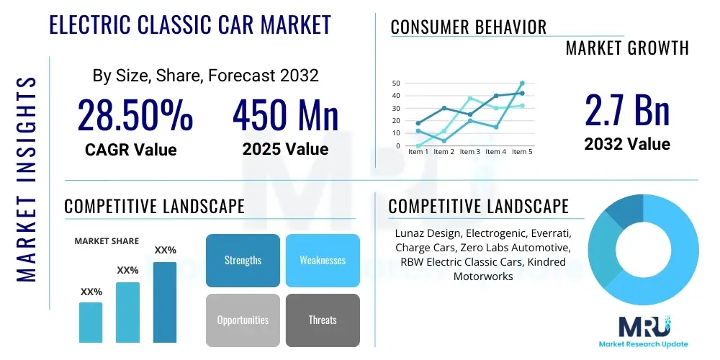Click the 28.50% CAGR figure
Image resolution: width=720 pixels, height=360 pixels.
click(135, 115)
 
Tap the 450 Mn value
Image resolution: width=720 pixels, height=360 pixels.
click(285, 115)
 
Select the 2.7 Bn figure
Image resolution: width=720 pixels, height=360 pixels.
click(626, 109)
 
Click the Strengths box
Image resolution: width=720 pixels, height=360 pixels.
click(243, 260)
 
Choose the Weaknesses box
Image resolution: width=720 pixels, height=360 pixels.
click(323, 260)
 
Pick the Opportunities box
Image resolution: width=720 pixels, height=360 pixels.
click(243, 320)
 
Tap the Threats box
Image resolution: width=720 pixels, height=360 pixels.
click(323, 320)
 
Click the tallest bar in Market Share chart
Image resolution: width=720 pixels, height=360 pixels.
click(165, 302)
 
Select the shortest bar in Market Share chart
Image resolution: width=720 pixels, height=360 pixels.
click(91, 322)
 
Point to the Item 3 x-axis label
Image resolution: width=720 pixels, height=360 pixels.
click(469, 152)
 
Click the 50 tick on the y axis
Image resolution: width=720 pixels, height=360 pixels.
click(396, 84)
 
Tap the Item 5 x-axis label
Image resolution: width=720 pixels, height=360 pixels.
click(521, 152)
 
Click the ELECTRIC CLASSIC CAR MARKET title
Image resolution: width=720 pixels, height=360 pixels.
click(190, 24)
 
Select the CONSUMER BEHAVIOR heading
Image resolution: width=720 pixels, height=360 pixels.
click(469, 27)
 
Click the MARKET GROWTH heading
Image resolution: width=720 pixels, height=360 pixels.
click(627, 48)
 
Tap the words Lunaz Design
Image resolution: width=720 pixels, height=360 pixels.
click(428, 234)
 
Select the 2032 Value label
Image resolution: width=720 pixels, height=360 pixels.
click(626, 144)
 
